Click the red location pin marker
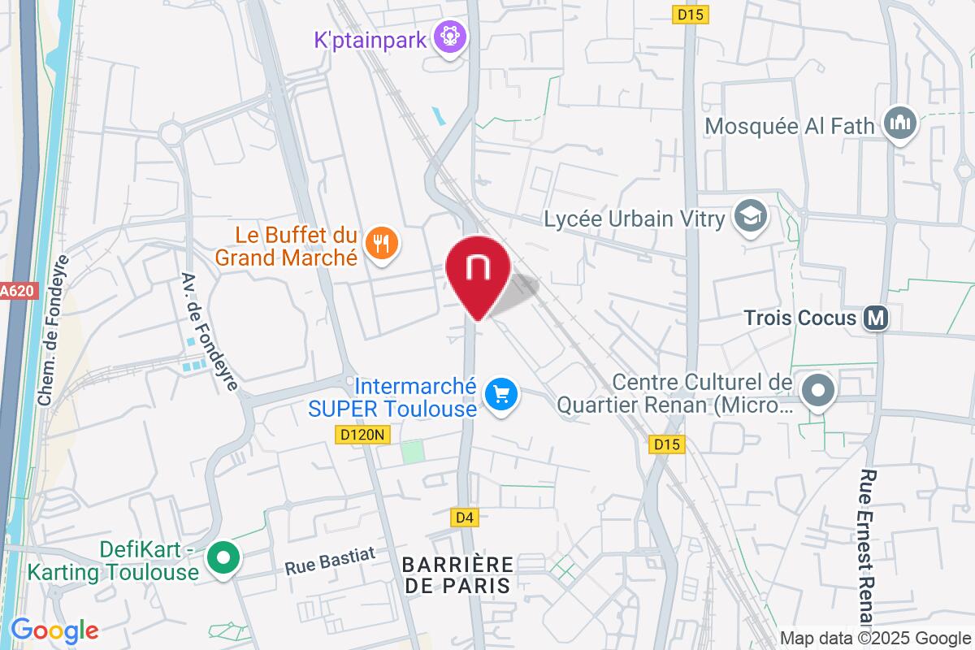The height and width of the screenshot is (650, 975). (x=478, y=272)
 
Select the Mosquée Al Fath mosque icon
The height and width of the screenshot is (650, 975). (x=901, y=124)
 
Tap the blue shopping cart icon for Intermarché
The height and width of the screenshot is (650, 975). (x=501, y=396)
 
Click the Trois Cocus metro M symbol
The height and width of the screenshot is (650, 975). (x=875, y=318)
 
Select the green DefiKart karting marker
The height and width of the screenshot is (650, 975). (x=222, y=558)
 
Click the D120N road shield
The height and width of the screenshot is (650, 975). (x=362, y=435)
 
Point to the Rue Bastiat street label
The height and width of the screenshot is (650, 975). (x=330, y=561)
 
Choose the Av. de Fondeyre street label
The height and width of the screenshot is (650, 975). (x=210, y=330)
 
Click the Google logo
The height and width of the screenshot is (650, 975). (x=54, y=630)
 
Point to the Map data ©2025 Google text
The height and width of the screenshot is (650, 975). (x=876, y=638)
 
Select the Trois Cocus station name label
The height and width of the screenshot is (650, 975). (x=800, y=318)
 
